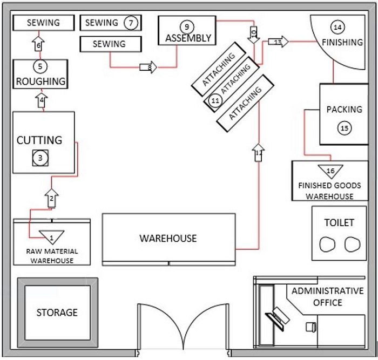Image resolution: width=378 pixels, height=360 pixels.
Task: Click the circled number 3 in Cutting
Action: (40, 158)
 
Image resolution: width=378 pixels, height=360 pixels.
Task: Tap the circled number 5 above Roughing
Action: (40, 66)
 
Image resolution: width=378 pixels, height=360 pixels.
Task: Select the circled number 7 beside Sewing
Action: (130, 23)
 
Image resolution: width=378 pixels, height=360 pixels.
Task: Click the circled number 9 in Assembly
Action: (186, 26)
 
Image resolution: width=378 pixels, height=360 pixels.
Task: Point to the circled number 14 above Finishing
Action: (337, 26)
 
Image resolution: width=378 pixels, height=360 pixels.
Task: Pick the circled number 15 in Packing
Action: (344, 128)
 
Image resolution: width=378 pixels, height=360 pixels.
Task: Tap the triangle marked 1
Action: (52, 236)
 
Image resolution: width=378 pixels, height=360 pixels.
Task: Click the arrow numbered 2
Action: (51, 198)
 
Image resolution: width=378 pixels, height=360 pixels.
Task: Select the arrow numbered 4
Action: (42, 100)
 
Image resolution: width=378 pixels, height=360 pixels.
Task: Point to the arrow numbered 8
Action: (148, 67)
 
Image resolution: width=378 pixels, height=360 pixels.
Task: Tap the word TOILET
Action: (339, 222)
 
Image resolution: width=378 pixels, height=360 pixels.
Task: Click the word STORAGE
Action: (57, 313)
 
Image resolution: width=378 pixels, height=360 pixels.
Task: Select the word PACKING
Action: (344, 110)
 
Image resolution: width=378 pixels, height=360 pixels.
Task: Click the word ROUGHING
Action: (40, 81)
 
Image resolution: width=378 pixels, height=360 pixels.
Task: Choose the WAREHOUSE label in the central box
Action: (168, 238)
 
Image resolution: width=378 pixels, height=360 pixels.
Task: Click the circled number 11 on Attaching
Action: (215, 100)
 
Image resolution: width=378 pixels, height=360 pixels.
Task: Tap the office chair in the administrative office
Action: (310, 326)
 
